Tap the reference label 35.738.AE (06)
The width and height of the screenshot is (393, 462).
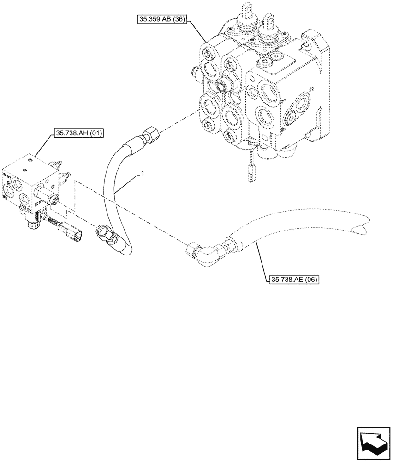pos(293,279)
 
